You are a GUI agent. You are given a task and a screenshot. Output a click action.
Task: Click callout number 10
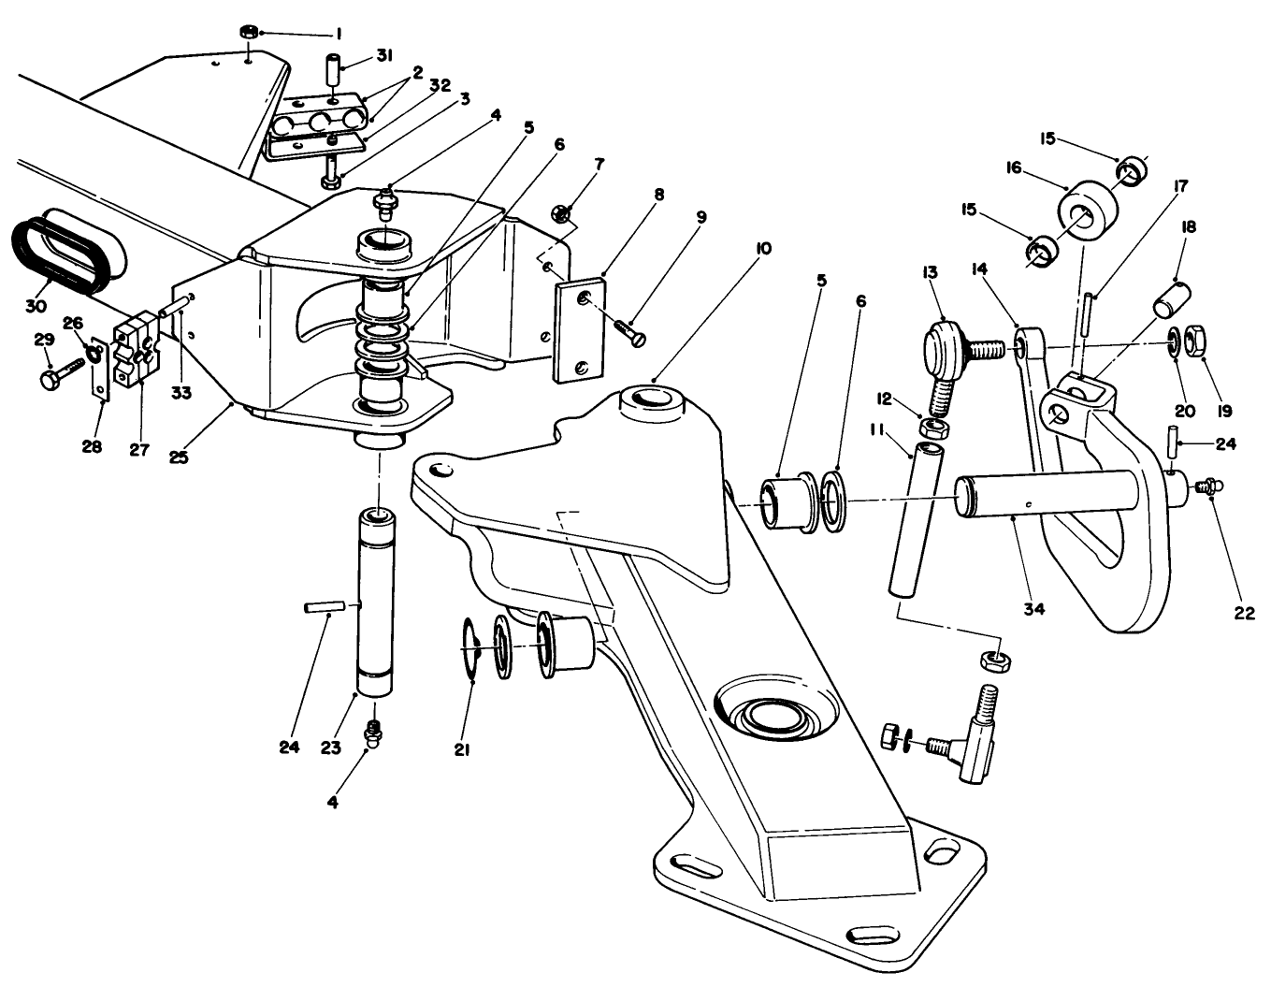click(763, 249)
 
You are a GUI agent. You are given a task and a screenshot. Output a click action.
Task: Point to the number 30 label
click(36, 306)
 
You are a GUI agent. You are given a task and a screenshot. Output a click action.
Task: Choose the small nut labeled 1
click(249, 33)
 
